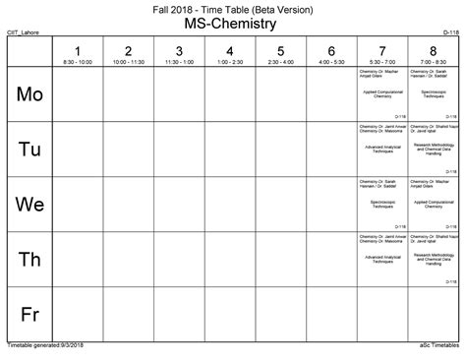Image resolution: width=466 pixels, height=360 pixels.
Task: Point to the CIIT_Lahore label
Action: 25,32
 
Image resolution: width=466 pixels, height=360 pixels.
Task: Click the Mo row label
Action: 30,94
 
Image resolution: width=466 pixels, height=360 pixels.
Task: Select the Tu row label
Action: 30,150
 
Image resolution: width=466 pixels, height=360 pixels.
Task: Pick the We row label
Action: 30,205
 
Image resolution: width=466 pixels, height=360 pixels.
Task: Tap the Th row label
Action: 30,260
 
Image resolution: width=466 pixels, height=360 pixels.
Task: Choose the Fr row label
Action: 30,315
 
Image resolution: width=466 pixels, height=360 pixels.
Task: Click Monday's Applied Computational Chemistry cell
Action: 381,94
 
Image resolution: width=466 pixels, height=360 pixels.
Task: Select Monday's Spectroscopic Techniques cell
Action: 433,94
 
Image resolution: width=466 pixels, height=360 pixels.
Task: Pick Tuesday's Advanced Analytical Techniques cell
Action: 381,150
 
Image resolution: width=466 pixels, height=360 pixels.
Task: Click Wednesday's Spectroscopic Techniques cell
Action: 381,205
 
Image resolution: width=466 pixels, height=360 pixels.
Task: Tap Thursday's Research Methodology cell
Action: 433,260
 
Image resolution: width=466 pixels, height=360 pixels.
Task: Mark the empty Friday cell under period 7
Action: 381,315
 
